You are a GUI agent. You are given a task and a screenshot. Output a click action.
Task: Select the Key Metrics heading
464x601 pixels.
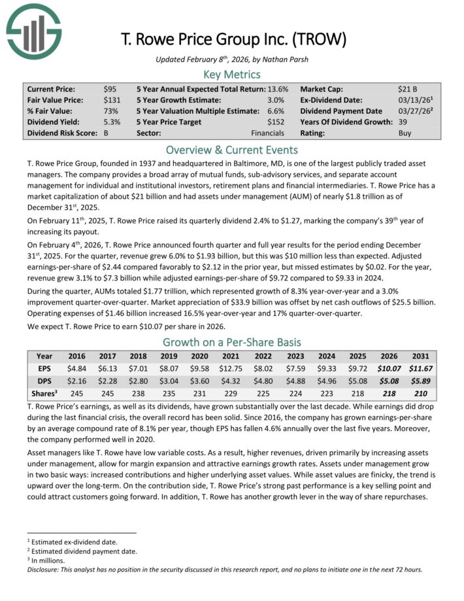[x=232, y=74]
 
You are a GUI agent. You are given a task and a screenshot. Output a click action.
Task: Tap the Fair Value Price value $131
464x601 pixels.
[x=112, y=100]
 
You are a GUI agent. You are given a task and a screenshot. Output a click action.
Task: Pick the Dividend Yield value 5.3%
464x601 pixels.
[x=112, y=122]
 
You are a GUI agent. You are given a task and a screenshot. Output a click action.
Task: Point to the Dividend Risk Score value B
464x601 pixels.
[x=107, y=133]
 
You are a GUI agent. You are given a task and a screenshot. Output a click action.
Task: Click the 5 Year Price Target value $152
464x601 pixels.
[x=276, y=122]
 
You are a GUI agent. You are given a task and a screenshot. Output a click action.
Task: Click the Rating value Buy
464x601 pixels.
[x=405, y=133]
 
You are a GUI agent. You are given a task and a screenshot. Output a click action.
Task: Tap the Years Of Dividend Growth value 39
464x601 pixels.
[x=403, y=122]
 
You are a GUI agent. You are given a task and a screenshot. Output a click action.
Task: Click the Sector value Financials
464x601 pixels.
[x=268, y=133]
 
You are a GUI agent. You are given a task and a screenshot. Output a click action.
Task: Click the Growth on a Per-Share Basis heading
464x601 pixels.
[x=231, y=342]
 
